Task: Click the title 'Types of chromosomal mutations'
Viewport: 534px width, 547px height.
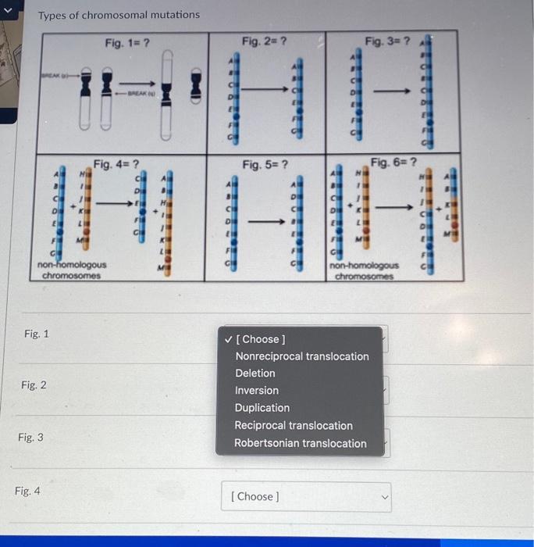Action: pos(119,15)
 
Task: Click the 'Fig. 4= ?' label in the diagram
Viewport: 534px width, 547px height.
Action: pos(116,164)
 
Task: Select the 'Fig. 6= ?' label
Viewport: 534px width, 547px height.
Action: pos(394,163)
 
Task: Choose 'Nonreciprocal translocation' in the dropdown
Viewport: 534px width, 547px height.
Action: pos(301,356)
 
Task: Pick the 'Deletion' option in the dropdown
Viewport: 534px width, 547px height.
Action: pos(255,374)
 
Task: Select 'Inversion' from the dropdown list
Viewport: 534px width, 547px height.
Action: pos(257,391)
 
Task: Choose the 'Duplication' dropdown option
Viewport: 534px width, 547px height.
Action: pos(262,408)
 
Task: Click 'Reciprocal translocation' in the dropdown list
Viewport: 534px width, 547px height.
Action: pos(294,426)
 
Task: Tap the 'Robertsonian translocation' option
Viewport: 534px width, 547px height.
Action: pos(301,443)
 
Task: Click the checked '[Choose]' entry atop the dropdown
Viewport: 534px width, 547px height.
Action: pos(260,339)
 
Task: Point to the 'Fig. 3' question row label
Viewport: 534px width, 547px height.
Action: pos(30,438)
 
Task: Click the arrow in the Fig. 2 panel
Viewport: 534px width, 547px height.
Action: pos(265,91)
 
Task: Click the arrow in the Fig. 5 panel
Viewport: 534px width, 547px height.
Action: pos(265,221)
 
